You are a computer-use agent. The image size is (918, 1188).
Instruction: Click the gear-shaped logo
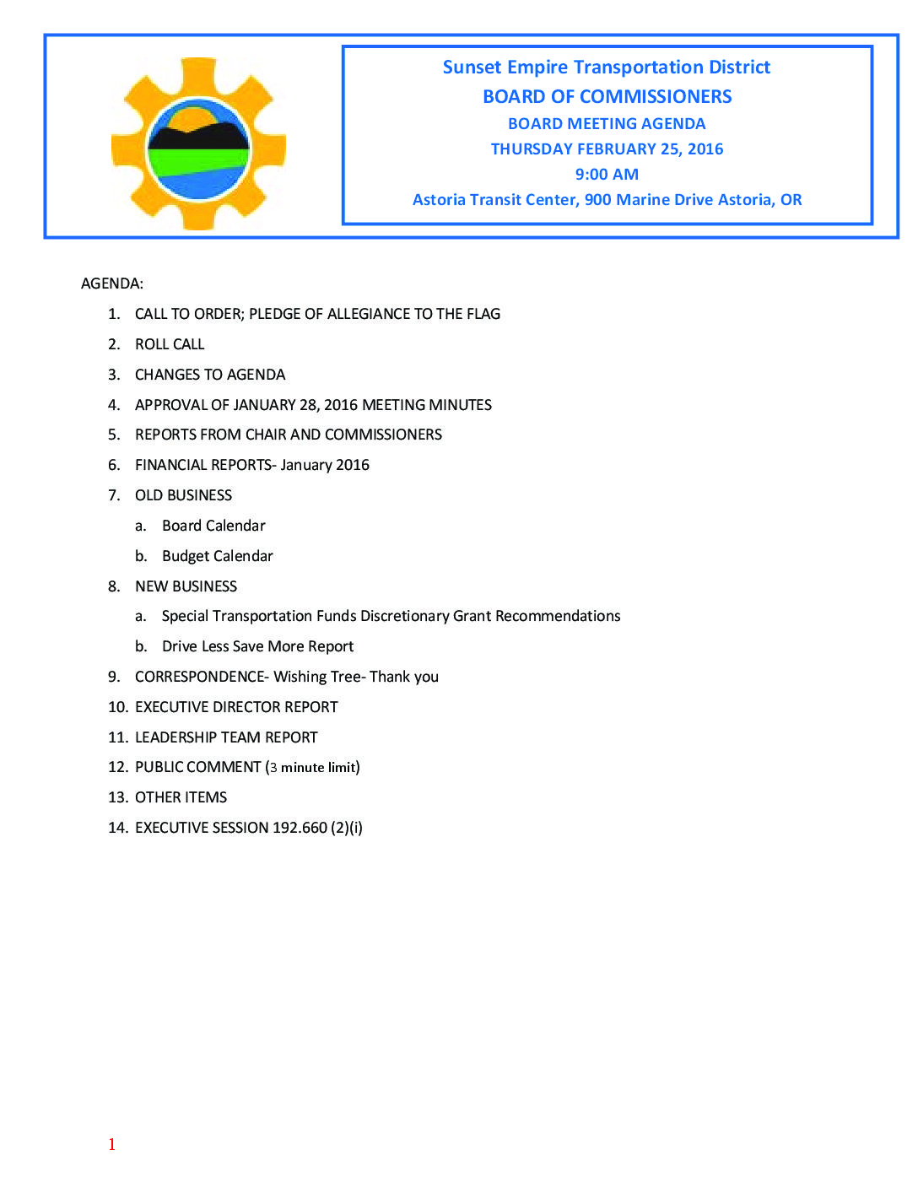coord(199,144)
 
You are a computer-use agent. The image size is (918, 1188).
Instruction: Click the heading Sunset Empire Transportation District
coord(606,67)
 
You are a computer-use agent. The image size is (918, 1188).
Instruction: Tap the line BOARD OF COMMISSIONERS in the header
coord(607,97)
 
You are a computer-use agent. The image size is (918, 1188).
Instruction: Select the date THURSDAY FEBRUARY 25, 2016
coord(607,149)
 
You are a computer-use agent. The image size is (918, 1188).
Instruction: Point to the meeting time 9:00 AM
coord(607,175)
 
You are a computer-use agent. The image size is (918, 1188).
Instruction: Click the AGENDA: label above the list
coord(112,283)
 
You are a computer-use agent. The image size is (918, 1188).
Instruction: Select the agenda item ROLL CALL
coord(170,344)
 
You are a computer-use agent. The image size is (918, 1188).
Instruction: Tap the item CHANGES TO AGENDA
coord(210,375)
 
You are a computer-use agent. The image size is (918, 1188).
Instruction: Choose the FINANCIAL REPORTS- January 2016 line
coord(252,465)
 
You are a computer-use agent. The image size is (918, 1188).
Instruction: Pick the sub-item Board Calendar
coord(213,526)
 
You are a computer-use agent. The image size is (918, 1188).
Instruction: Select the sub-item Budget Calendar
coord(218,556)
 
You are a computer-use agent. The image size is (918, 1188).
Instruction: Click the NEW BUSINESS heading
coord(186,586)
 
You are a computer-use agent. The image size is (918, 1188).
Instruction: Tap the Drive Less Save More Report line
coord(257,646)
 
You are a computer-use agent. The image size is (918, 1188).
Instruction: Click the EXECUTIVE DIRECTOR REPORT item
coord(236,707)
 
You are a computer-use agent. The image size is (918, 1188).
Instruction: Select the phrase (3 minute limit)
coord(313,767)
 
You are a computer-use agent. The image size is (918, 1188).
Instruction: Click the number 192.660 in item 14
coord(300,828)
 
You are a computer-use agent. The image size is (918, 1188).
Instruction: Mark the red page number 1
coord(111,1144)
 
